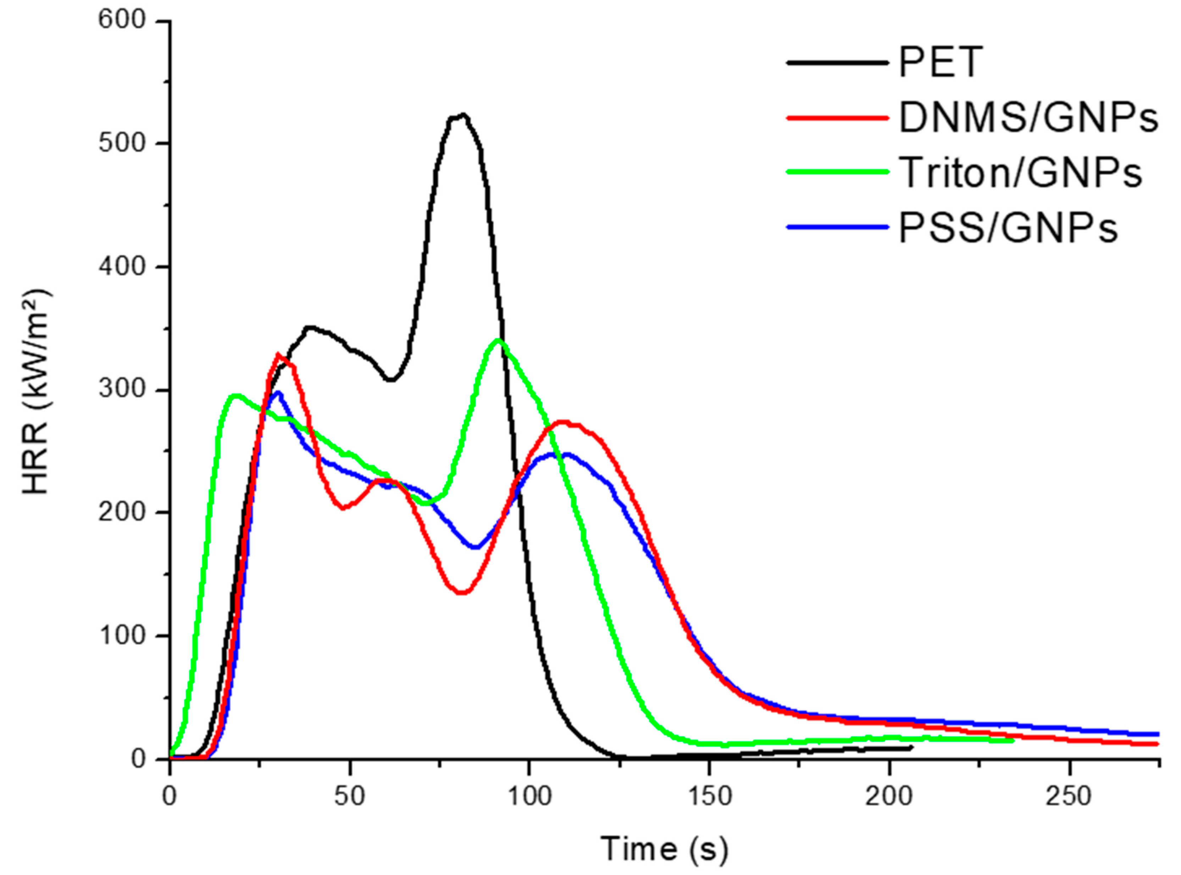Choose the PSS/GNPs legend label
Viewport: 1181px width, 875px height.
pos(1008,228)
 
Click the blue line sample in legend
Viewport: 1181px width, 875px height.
pos(837,227)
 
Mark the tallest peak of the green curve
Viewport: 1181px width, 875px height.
pos(498,340)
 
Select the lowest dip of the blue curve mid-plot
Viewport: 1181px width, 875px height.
pos(476,547)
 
